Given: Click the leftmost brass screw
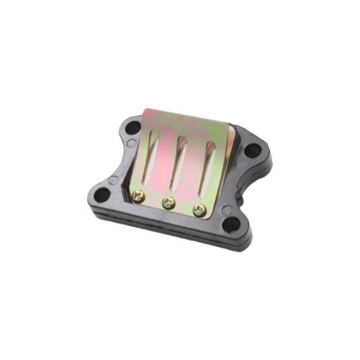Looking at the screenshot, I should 139,195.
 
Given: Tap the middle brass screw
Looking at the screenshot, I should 169,203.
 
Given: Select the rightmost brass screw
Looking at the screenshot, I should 199,211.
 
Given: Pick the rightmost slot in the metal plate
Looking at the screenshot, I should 209,167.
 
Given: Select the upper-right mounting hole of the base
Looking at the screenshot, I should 253,150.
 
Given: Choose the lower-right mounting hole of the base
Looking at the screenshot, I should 230,225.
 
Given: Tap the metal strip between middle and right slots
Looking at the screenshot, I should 195,167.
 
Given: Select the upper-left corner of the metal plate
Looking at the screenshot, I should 146,111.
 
